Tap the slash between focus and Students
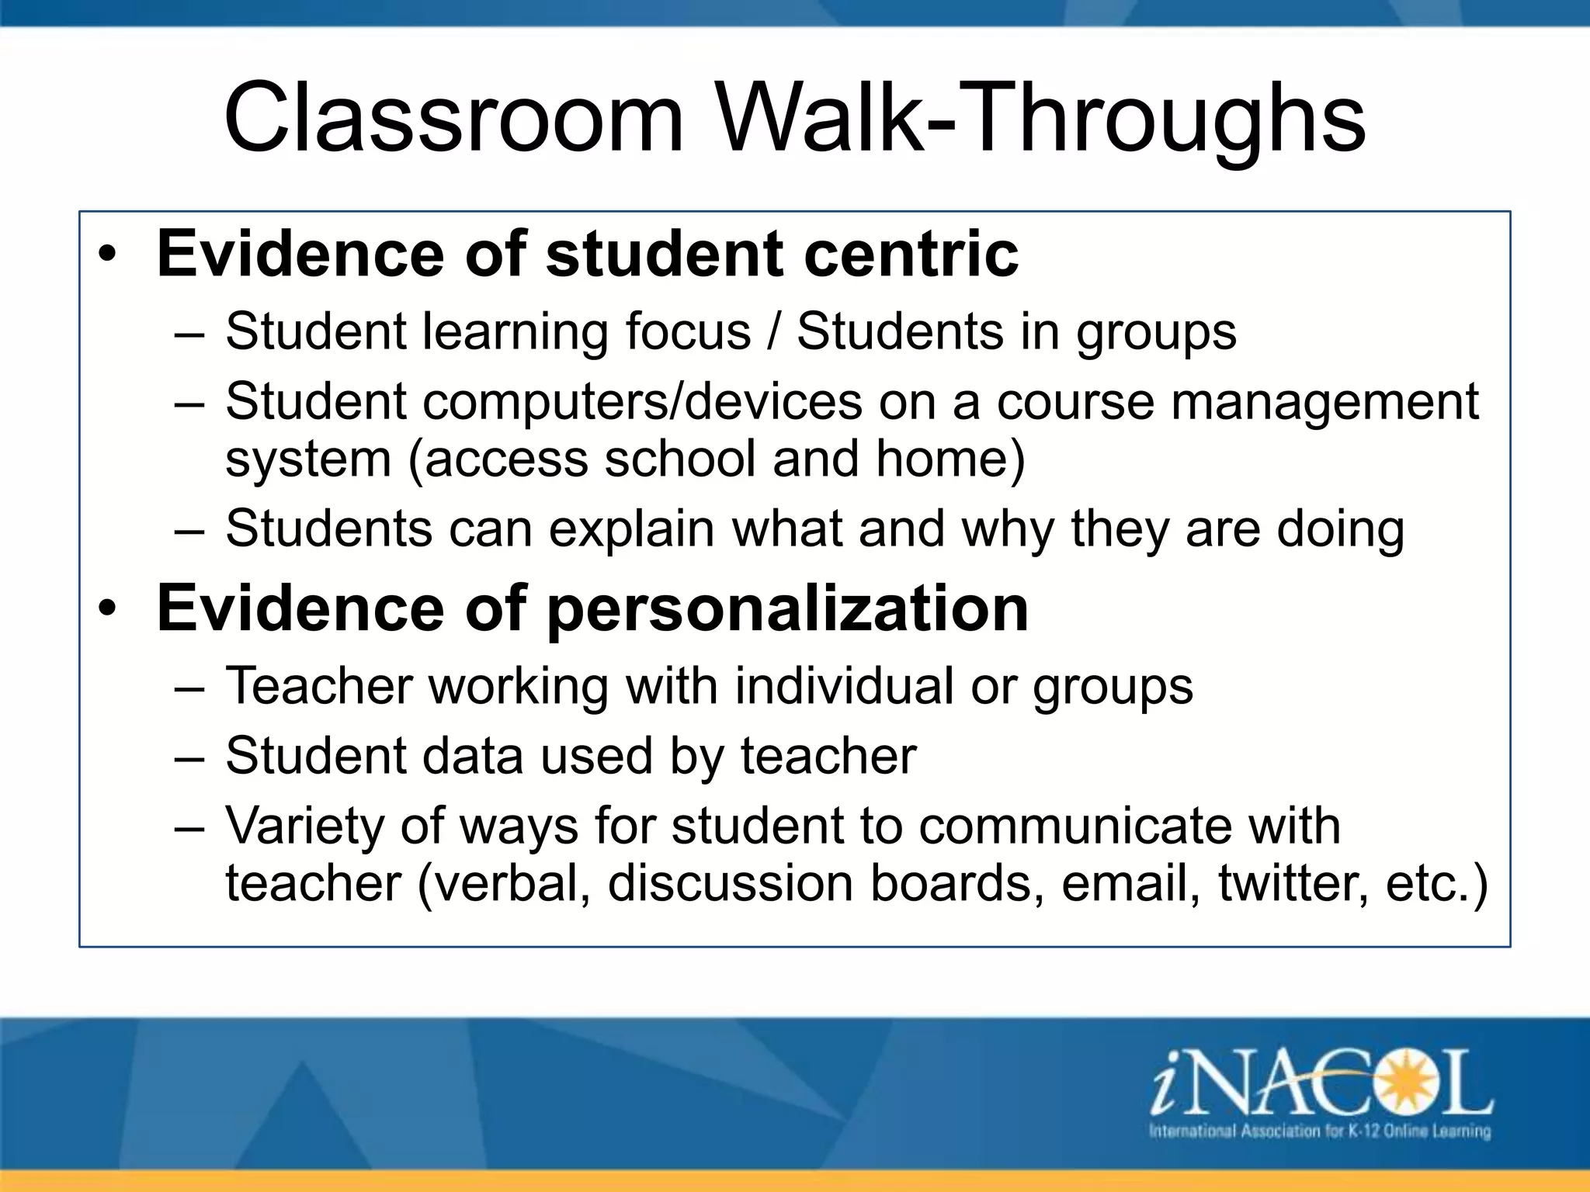pos(774,332)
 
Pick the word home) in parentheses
pos(950,459)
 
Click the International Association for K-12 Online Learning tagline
pos(1320,1131)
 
